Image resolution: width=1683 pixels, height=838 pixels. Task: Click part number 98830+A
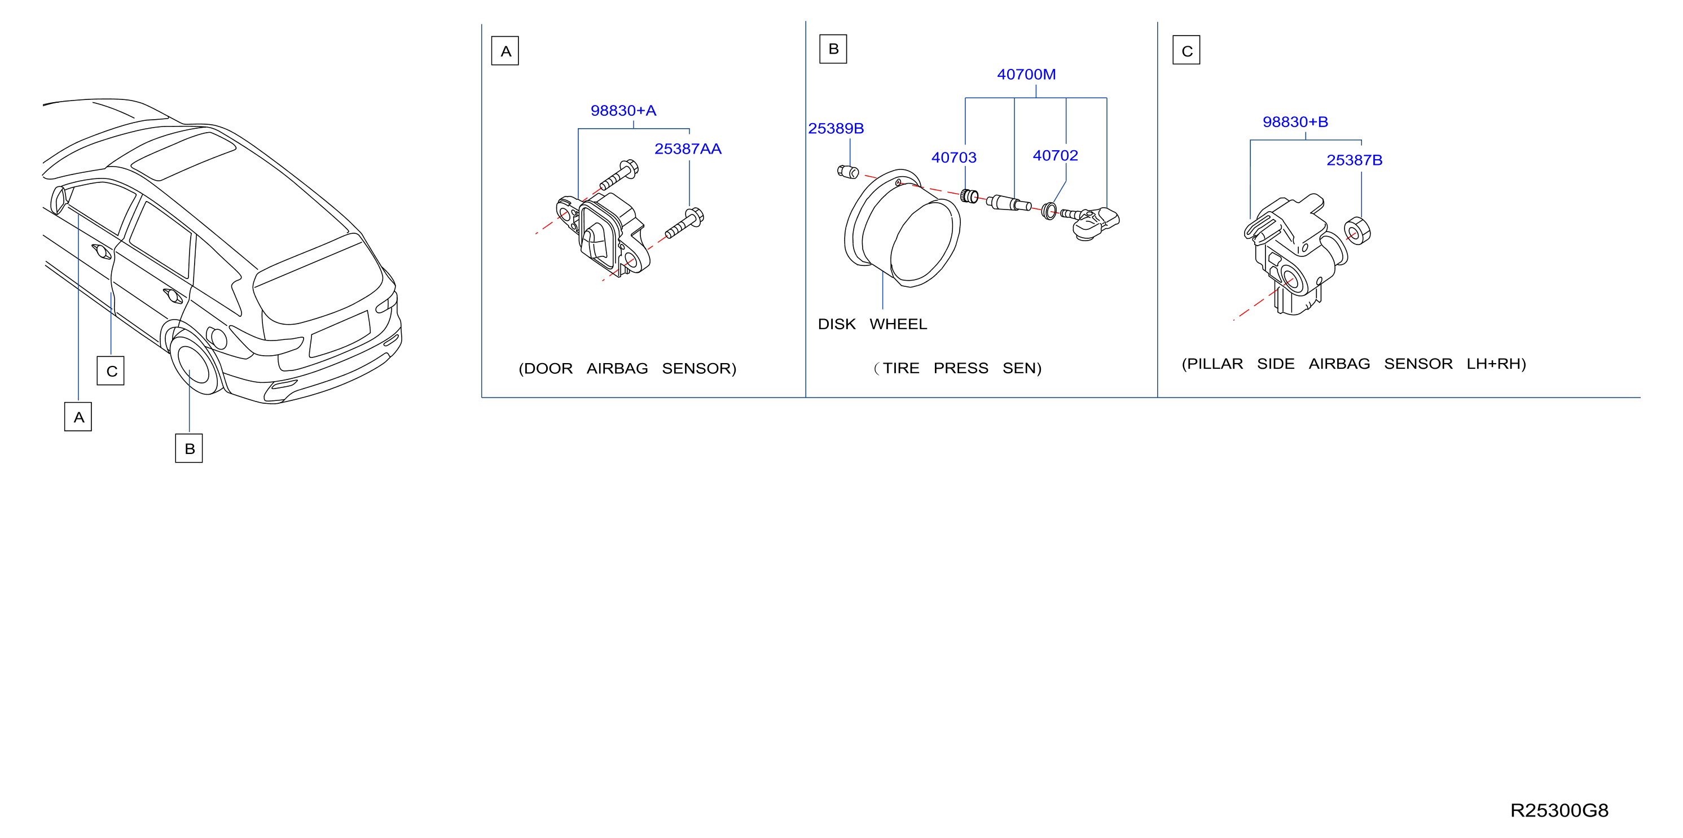(623, 111)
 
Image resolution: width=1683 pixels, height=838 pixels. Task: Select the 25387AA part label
(687, 149)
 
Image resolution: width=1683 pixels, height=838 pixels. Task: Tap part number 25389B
(836, 129)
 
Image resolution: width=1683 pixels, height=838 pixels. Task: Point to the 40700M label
(1026, 75)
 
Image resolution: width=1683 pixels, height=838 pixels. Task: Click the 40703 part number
(953, 158)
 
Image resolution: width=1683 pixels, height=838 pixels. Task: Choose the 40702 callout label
(1054, 156)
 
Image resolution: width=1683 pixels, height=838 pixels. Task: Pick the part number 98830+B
(1295, 122)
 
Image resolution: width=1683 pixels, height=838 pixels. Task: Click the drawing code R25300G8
(1559, 810)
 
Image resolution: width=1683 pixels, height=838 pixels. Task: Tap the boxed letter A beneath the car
(78, 417)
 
